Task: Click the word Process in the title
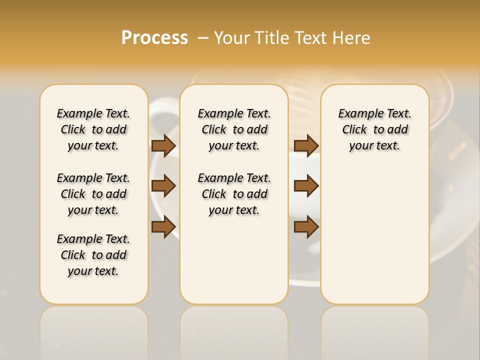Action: pyautogui.click(x=154, y=38)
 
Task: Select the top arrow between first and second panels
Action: pyautogui.click(x=163, y=146)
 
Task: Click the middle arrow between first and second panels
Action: pyautogui.click(x=163, y=186)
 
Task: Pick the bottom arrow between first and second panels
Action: pyautogui.click(x=163, y=227)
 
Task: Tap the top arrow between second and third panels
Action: pyautogui.click(x=306, y=146)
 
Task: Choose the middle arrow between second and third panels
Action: pyautogui.click(x=306, y=186)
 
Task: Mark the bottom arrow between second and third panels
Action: pyautogui.click(x=306, y=227)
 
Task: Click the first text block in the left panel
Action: pyautogui.click(x=93, y=129)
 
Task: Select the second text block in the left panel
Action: pyautogui.click(x=93, y=194)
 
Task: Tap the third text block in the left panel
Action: pyautogui.click(x=93, y=255)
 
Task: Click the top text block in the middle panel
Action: pyautogui.click(x=234, y=129)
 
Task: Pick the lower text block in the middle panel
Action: pyautogui.click(x=234, y=194)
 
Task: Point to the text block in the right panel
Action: pyautogui.click(x=375, y=129)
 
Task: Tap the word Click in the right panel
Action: pyautogui.click(x=354, y=130)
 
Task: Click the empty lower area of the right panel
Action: pyautogui.click(x=375, y=235)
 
